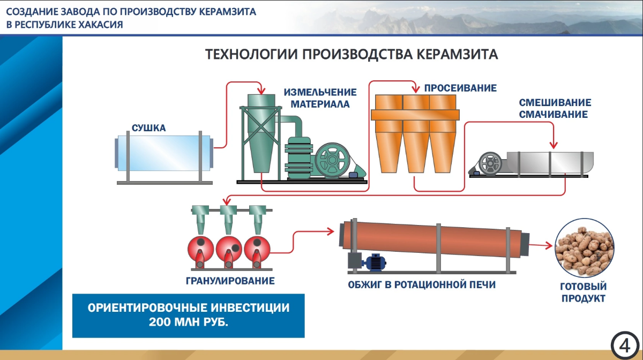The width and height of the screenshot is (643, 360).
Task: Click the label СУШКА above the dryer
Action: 149,127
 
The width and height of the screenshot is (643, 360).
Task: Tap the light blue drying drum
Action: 164,153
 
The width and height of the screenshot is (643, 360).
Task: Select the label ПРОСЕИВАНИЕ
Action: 460,88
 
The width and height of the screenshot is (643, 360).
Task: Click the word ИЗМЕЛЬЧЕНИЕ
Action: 320,92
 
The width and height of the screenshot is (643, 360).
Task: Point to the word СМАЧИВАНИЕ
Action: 553,114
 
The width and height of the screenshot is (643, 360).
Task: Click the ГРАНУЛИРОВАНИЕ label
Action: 230,281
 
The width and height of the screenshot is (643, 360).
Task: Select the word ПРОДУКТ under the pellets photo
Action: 584,298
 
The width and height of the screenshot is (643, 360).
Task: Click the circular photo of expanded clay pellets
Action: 584,247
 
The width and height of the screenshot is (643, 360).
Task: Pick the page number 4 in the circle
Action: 625,346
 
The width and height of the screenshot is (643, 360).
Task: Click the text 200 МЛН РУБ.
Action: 188,322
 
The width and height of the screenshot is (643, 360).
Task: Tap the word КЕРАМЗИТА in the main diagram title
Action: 457,54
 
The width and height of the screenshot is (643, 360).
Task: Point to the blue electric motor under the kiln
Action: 374,262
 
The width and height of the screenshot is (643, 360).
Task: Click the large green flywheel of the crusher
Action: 332,160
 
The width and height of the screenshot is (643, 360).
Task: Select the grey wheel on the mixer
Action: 490,163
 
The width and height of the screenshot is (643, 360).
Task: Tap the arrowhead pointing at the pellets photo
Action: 549,246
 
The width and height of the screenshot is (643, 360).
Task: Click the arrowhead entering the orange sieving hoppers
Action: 416,89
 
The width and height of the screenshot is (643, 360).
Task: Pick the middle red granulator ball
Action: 229,249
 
